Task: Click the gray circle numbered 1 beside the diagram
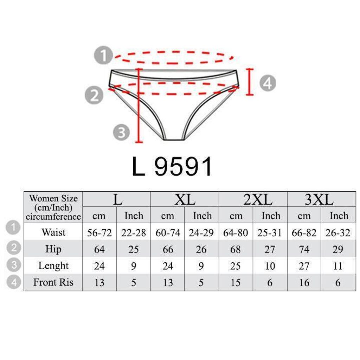click(104, 55)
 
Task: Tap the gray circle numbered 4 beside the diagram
click(268, 83)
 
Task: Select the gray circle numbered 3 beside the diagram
click(121, 132)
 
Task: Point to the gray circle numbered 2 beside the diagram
click(94, 95)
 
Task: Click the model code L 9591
click(172, 166)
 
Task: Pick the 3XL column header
click(319, 199)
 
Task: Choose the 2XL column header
click(258, 199)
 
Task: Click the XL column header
click(185, 199)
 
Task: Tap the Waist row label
click(53, 232)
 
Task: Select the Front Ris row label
click(53, 282)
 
